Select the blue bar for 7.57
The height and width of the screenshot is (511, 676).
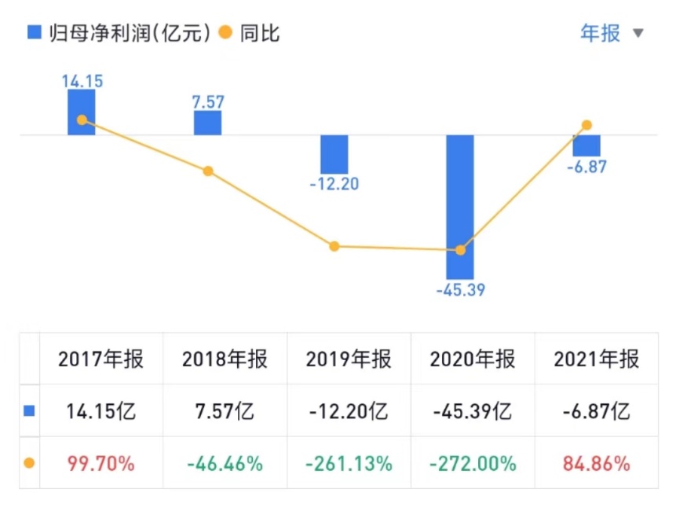[208, 123]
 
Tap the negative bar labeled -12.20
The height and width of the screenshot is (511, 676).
[334, 155]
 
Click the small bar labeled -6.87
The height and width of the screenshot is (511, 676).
[586, 146]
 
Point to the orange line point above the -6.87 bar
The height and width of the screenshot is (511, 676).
[586, 125]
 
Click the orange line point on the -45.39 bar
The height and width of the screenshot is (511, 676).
[461, 250]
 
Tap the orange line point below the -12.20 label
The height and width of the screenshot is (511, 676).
[334, 246]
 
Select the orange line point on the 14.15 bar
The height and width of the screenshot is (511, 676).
[81, 120]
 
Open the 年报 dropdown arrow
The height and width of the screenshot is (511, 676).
[638, 34]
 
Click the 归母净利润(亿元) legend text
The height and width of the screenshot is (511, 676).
[130, 33]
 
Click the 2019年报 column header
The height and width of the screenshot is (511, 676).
[349, 359]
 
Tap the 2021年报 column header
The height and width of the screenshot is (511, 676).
[597, 359]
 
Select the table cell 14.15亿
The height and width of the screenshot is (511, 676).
[101, 411]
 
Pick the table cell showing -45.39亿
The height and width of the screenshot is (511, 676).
[473, 411]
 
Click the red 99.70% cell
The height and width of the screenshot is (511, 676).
[101, 464]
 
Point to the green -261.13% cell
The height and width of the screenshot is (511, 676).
[349, 464]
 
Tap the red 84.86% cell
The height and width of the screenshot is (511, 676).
[597, 464]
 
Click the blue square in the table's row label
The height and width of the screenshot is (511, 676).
[29, 411]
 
